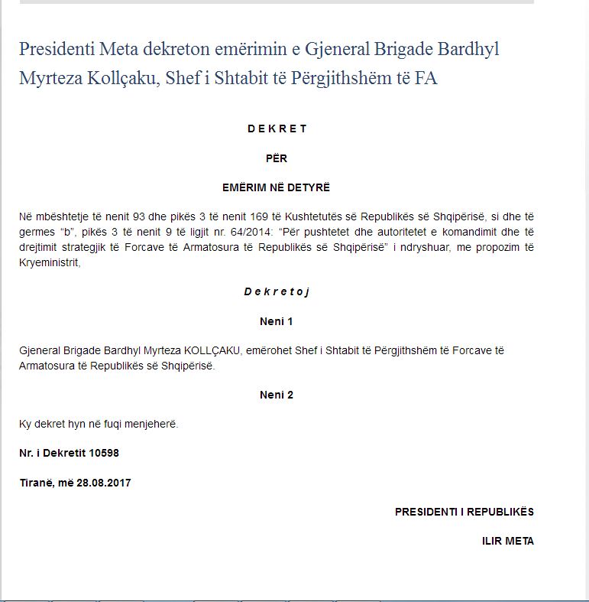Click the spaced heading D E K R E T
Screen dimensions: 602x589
click(x=277, y=129)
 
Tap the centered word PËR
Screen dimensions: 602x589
click(x=277, y=158)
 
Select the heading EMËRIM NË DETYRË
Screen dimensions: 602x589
click(x=277, y=187)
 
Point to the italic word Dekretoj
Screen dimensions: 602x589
click(x=277, y=291)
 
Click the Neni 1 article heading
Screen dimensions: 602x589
click(x=277, y=321)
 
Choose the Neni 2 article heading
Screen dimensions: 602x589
click(x=277, y=395)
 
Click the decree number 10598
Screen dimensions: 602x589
click(x=104, y=453)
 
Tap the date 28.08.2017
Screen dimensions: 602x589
click(x=104, y=483)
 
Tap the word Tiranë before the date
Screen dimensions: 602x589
click(x=37, y=483)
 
